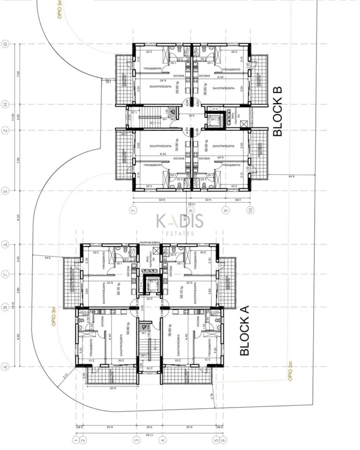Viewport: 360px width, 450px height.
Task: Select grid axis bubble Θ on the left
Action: tap(6, 44)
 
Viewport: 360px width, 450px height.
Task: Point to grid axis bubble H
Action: tap(6, 104)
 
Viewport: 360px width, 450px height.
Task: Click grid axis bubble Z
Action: tap(6, 131)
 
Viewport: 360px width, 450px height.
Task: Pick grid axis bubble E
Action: tap(6, 191)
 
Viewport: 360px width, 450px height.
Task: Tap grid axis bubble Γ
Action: tap(6, 276)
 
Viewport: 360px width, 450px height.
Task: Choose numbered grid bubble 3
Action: tap(137, 440)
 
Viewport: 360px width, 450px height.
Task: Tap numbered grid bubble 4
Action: tap(163, 440)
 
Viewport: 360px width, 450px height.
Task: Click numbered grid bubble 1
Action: tap(75, 440)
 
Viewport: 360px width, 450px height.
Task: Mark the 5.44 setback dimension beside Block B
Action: tap(278, 177)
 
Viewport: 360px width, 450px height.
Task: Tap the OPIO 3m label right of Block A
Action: tap(290, 371)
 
